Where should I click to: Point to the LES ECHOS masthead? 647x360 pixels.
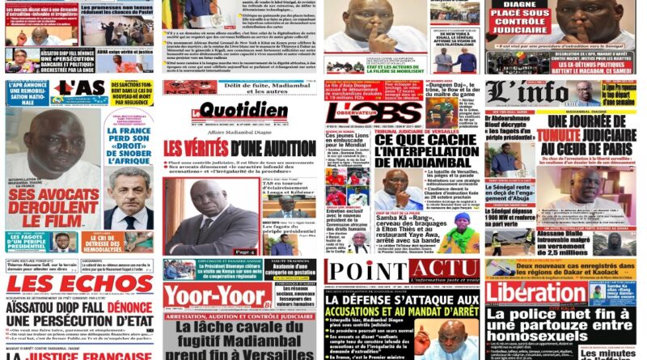click(x=79, y=283)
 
